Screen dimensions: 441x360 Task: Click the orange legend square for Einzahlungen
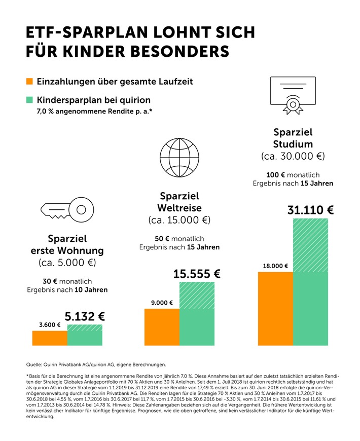coord(29,82)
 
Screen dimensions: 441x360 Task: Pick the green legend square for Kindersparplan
coord(29,100)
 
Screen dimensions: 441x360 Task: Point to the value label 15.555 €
coord(197,274)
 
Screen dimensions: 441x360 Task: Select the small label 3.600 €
coord(50,325)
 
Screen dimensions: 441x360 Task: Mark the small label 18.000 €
coord(275,266)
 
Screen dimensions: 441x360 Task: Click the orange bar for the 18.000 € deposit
coord(275,309)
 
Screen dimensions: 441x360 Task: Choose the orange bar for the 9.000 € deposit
coord(162,327)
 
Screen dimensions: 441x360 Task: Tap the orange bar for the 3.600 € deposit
coord(50,338)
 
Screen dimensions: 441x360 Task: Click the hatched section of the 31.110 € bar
coord(310,245)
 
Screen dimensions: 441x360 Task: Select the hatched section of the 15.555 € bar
coord(197,295)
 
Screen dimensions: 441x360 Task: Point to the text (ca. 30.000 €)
coord(293,155)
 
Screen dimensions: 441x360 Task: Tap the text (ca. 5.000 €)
coord(67,263)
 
